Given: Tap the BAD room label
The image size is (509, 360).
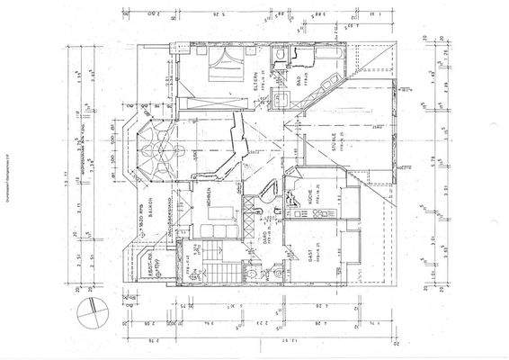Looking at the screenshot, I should click(299, 83).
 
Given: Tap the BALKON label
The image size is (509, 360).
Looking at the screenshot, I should click(154, 205).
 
